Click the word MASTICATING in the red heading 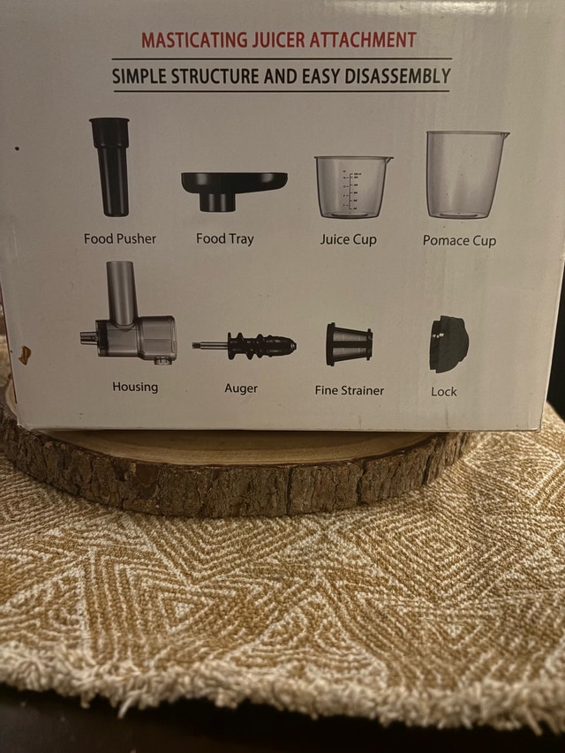click(x=195, y=40)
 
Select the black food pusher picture click(x=110, y=166)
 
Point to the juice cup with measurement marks click(x=352, y=186)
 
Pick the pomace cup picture click(x=464, y=174)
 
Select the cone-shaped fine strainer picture click(x=350, y=344)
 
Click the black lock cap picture click(x=448, y=344)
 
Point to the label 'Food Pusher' click(x=120, y=238)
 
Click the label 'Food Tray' click(x=225, y=238)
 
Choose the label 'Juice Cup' click(x=349, y=239)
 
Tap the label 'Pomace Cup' click(x=459, y=240)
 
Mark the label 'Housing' click(x=135, y=387)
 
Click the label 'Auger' click(x=241, y=388)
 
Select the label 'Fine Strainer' click(x=350, y=390)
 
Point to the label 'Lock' click(x=443, y=392)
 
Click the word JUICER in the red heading click(x=279, y=40)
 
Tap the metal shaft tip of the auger click(x=194, y=345)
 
